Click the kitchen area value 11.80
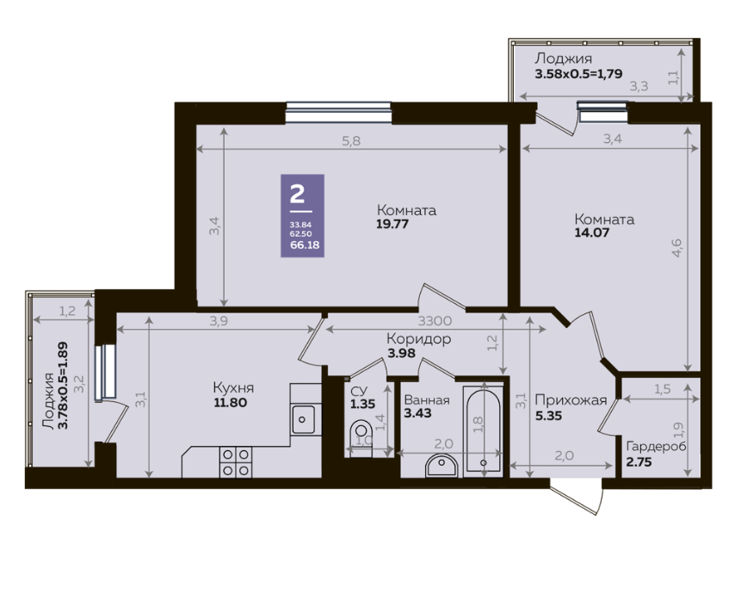[x=230, y=403]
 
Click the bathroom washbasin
[x=442, y=466]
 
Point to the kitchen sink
[x=302, y=419]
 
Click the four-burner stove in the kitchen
[x=235, y=462]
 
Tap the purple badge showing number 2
[x=302, y=215]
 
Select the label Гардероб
[x=657, y=447]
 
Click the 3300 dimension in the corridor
[x=435, y=321]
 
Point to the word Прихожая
[x=571, y=400]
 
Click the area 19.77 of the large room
[x=392, y=224]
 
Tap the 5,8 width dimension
[x=350, y=141]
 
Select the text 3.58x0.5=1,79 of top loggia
[x=578, y=74]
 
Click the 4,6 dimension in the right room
[x=676, y=248]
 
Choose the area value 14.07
[x=591, y=232]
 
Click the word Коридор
[x=419, y=339]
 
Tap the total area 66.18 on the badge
[x=305, y=244]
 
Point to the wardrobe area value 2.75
[x=639, y=462]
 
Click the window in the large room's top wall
[x=338, y=113]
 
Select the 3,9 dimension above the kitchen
[x=219, y=321]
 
